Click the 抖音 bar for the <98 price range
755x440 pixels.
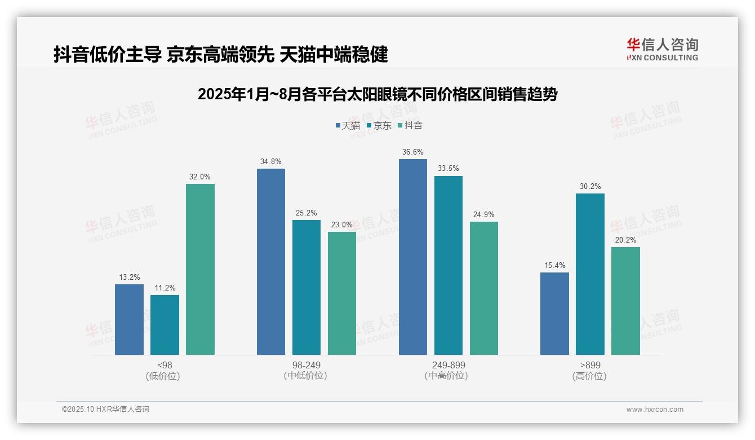tap(200, 269)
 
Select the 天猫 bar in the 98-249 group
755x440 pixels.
tap(271, 262)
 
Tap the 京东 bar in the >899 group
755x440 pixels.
tap(590, 274)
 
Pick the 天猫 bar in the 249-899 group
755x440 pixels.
tap(413, 257)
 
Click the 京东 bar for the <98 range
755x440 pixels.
tap(165, 325)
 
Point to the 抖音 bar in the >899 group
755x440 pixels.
tap(625, 301)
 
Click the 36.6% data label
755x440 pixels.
tap(413, 152)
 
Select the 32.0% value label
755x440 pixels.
tap(200, 177)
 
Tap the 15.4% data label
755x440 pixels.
tap(554, 266)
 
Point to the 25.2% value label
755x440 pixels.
tap(307, 213)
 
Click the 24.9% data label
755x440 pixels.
tap(484, 215)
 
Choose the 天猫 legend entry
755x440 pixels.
tap(348, 126)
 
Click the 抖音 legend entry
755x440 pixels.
tap(410, 126)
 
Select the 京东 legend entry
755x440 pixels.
tap(379, 126)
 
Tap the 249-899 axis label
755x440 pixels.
tap(448, 365)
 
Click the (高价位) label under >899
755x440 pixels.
tap(590, 376)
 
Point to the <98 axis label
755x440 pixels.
tap(165, 365)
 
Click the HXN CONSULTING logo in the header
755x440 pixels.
tap(662, 50)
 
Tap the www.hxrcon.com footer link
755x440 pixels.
tap(655, 410)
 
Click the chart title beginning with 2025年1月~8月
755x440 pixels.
tap(377, 94)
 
